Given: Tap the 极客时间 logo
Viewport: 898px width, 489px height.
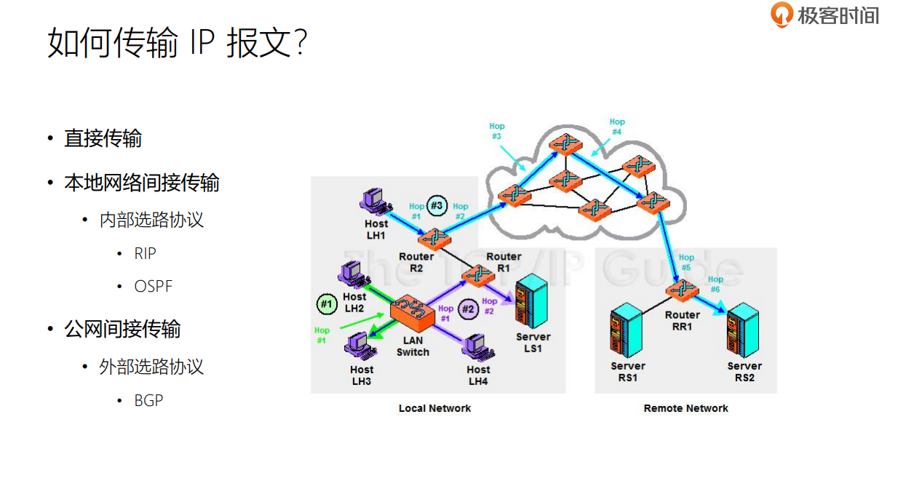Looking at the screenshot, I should [x=825, y=15].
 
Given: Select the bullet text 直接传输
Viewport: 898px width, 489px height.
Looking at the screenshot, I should [x=103, y=138].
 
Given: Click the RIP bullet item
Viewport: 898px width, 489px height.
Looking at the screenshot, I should [x=146, y=253].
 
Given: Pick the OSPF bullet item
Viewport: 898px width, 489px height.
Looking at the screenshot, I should [x=154, y=286].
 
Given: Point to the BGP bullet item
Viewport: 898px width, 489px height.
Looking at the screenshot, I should [x=148, y=400].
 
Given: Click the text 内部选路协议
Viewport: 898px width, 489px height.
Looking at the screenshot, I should [x=151, y=220].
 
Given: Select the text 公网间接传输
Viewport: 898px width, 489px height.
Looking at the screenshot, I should [x=122, y=329].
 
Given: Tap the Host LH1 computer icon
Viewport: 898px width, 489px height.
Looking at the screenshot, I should [x=376, y=201].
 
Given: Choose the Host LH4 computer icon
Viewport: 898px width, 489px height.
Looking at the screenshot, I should [x=477, y=345].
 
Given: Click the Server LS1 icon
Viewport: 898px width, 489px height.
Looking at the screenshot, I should [x=529, y=303].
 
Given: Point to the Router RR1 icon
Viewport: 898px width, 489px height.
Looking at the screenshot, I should [x=682, y=290].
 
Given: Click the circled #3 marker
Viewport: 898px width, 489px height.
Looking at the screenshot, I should [x=437, y=206].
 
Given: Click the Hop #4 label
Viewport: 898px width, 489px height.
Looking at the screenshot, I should [x=616, y=127].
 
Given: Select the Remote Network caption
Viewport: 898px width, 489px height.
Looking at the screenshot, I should [x=686, y=408].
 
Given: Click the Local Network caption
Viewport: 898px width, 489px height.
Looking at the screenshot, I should [x=434, y=408].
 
